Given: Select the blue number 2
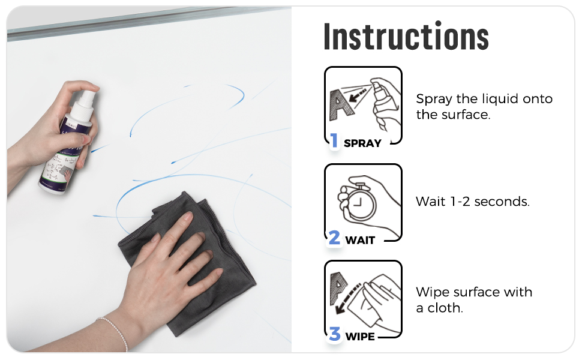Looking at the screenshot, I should (x=335, y=238).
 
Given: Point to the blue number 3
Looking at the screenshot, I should (x=335, y=335).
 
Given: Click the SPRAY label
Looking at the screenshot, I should (x=362, y=143).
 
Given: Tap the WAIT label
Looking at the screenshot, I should (x=360, y=240).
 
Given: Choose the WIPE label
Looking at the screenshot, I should (x=360, y=337).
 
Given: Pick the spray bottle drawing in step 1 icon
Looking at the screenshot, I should (x=383, y=105).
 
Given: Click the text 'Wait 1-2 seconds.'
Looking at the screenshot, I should (x=473, y=202).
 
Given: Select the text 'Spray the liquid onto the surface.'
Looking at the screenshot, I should (x=484, y=106).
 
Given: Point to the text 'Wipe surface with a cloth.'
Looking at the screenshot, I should (x=474, y=299).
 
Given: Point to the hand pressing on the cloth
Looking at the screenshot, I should (x=168, y=258).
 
